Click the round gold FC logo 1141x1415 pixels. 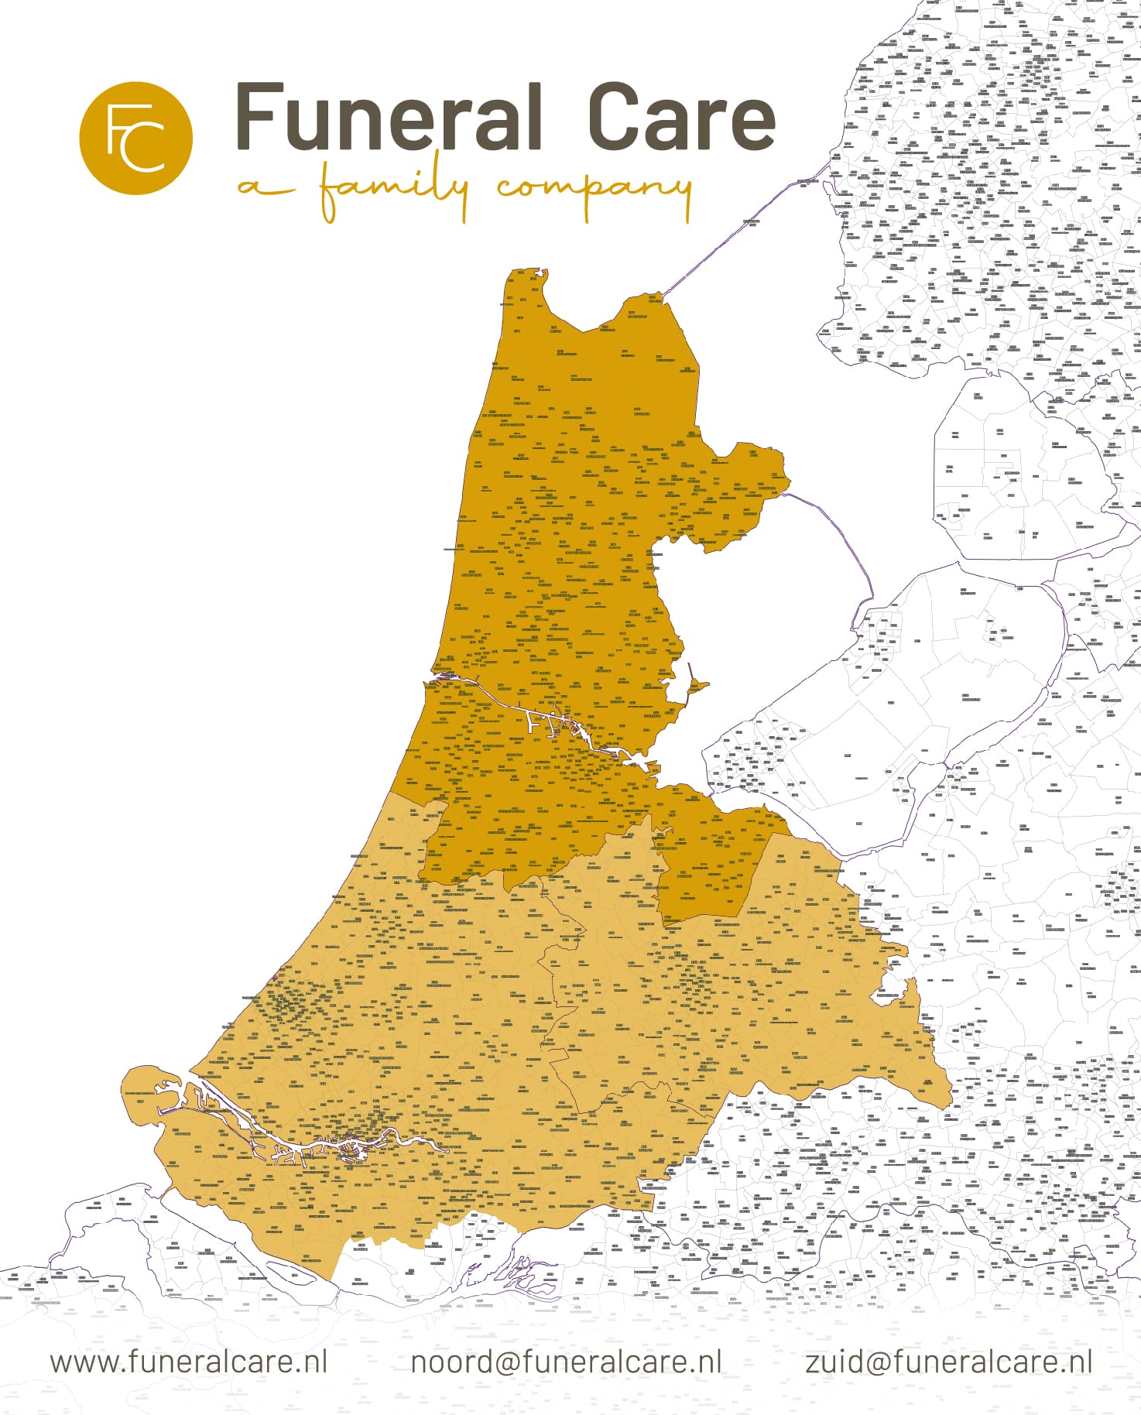click(x=135, y=138)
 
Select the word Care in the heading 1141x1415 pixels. click(x=681, y=118)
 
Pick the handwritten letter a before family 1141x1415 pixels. click(x=258, y=188)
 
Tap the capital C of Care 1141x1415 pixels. click(x=615, y=118)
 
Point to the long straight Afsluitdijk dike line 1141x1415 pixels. click(x=735, y=232)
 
